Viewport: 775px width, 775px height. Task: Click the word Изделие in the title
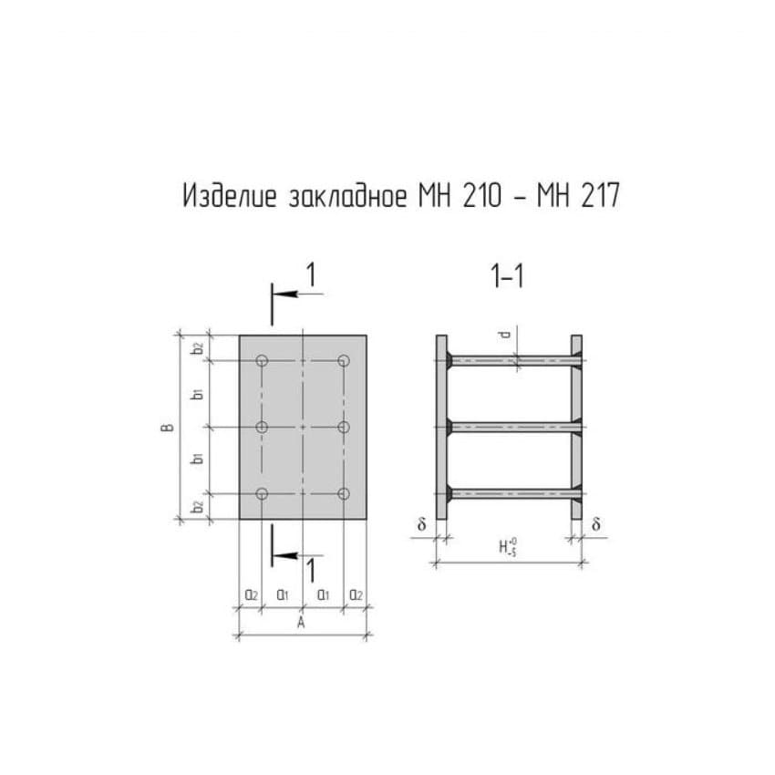point(230,196)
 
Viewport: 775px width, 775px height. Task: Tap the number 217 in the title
point(601,196)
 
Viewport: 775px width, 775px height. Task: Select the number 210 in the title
point(482,196)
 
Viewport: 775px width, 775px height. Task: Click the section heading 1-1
point(507,276)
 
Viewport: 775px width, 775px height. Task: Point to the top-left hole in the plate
point(263,361)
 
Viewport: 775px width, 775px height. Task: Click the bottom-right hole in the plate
point(344,494)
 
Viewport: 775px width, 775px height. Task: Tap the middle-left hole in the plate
point(263,427)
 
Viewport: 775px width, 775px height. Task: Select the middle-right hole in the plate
point(344,427)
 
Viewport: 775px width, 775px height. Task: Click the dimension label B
point(168,428)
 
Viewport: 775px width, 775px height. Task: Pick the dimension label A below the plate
point(301,623)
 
